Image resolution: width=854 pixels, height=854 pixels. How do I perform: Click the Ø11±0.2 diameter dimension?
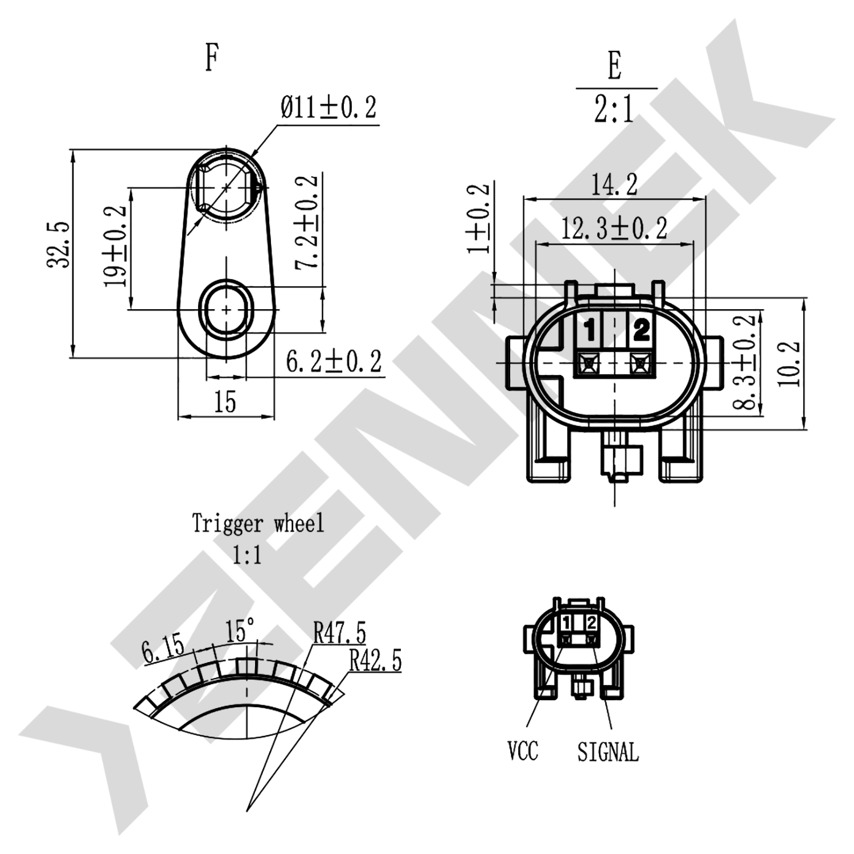(x=329, y=108)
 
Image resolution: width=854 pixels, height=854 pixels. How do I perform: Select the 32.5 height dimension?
(x=59, y=245)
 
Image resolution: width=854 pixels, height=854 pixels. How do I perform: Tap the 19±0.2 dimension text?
(x=116, y=246)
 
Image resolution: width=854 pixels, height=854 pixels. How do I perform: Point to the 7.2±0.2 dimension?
(x=307, y=222)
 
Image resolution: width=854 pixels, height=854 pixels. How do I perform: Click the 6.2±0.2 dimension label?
(x=334, y=362)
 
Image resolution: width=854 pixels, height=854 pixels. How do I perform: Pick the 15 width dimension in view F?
(x=225, y=403)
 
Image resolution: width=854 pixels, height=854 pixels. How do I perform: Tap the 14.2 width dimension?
(x=614, y=184)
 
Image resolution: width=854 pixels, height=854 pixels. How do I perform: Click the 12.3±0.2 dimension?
(x=614, y=229)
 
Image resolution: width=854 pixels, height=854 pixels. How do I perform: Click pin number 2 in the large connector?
(x=642, y=329)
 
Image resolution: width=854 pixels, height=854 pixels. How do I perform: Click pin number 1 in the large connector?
(x=589, y=330)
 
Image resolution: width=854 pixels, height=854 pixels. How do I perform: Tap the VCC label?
(x=523, y=751)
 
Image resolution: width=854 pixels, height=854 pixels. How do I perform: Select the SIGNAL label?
(x=608, y=752)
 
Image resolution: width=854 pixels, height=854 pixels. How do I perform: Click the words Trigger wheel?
(x=258, y=523)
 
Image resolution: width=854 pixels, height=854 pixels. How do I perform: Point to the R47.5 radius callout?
(x=340, y=632)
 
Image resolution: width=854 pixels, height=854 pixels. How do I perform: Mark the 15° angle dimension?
(x=240, y=631)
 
